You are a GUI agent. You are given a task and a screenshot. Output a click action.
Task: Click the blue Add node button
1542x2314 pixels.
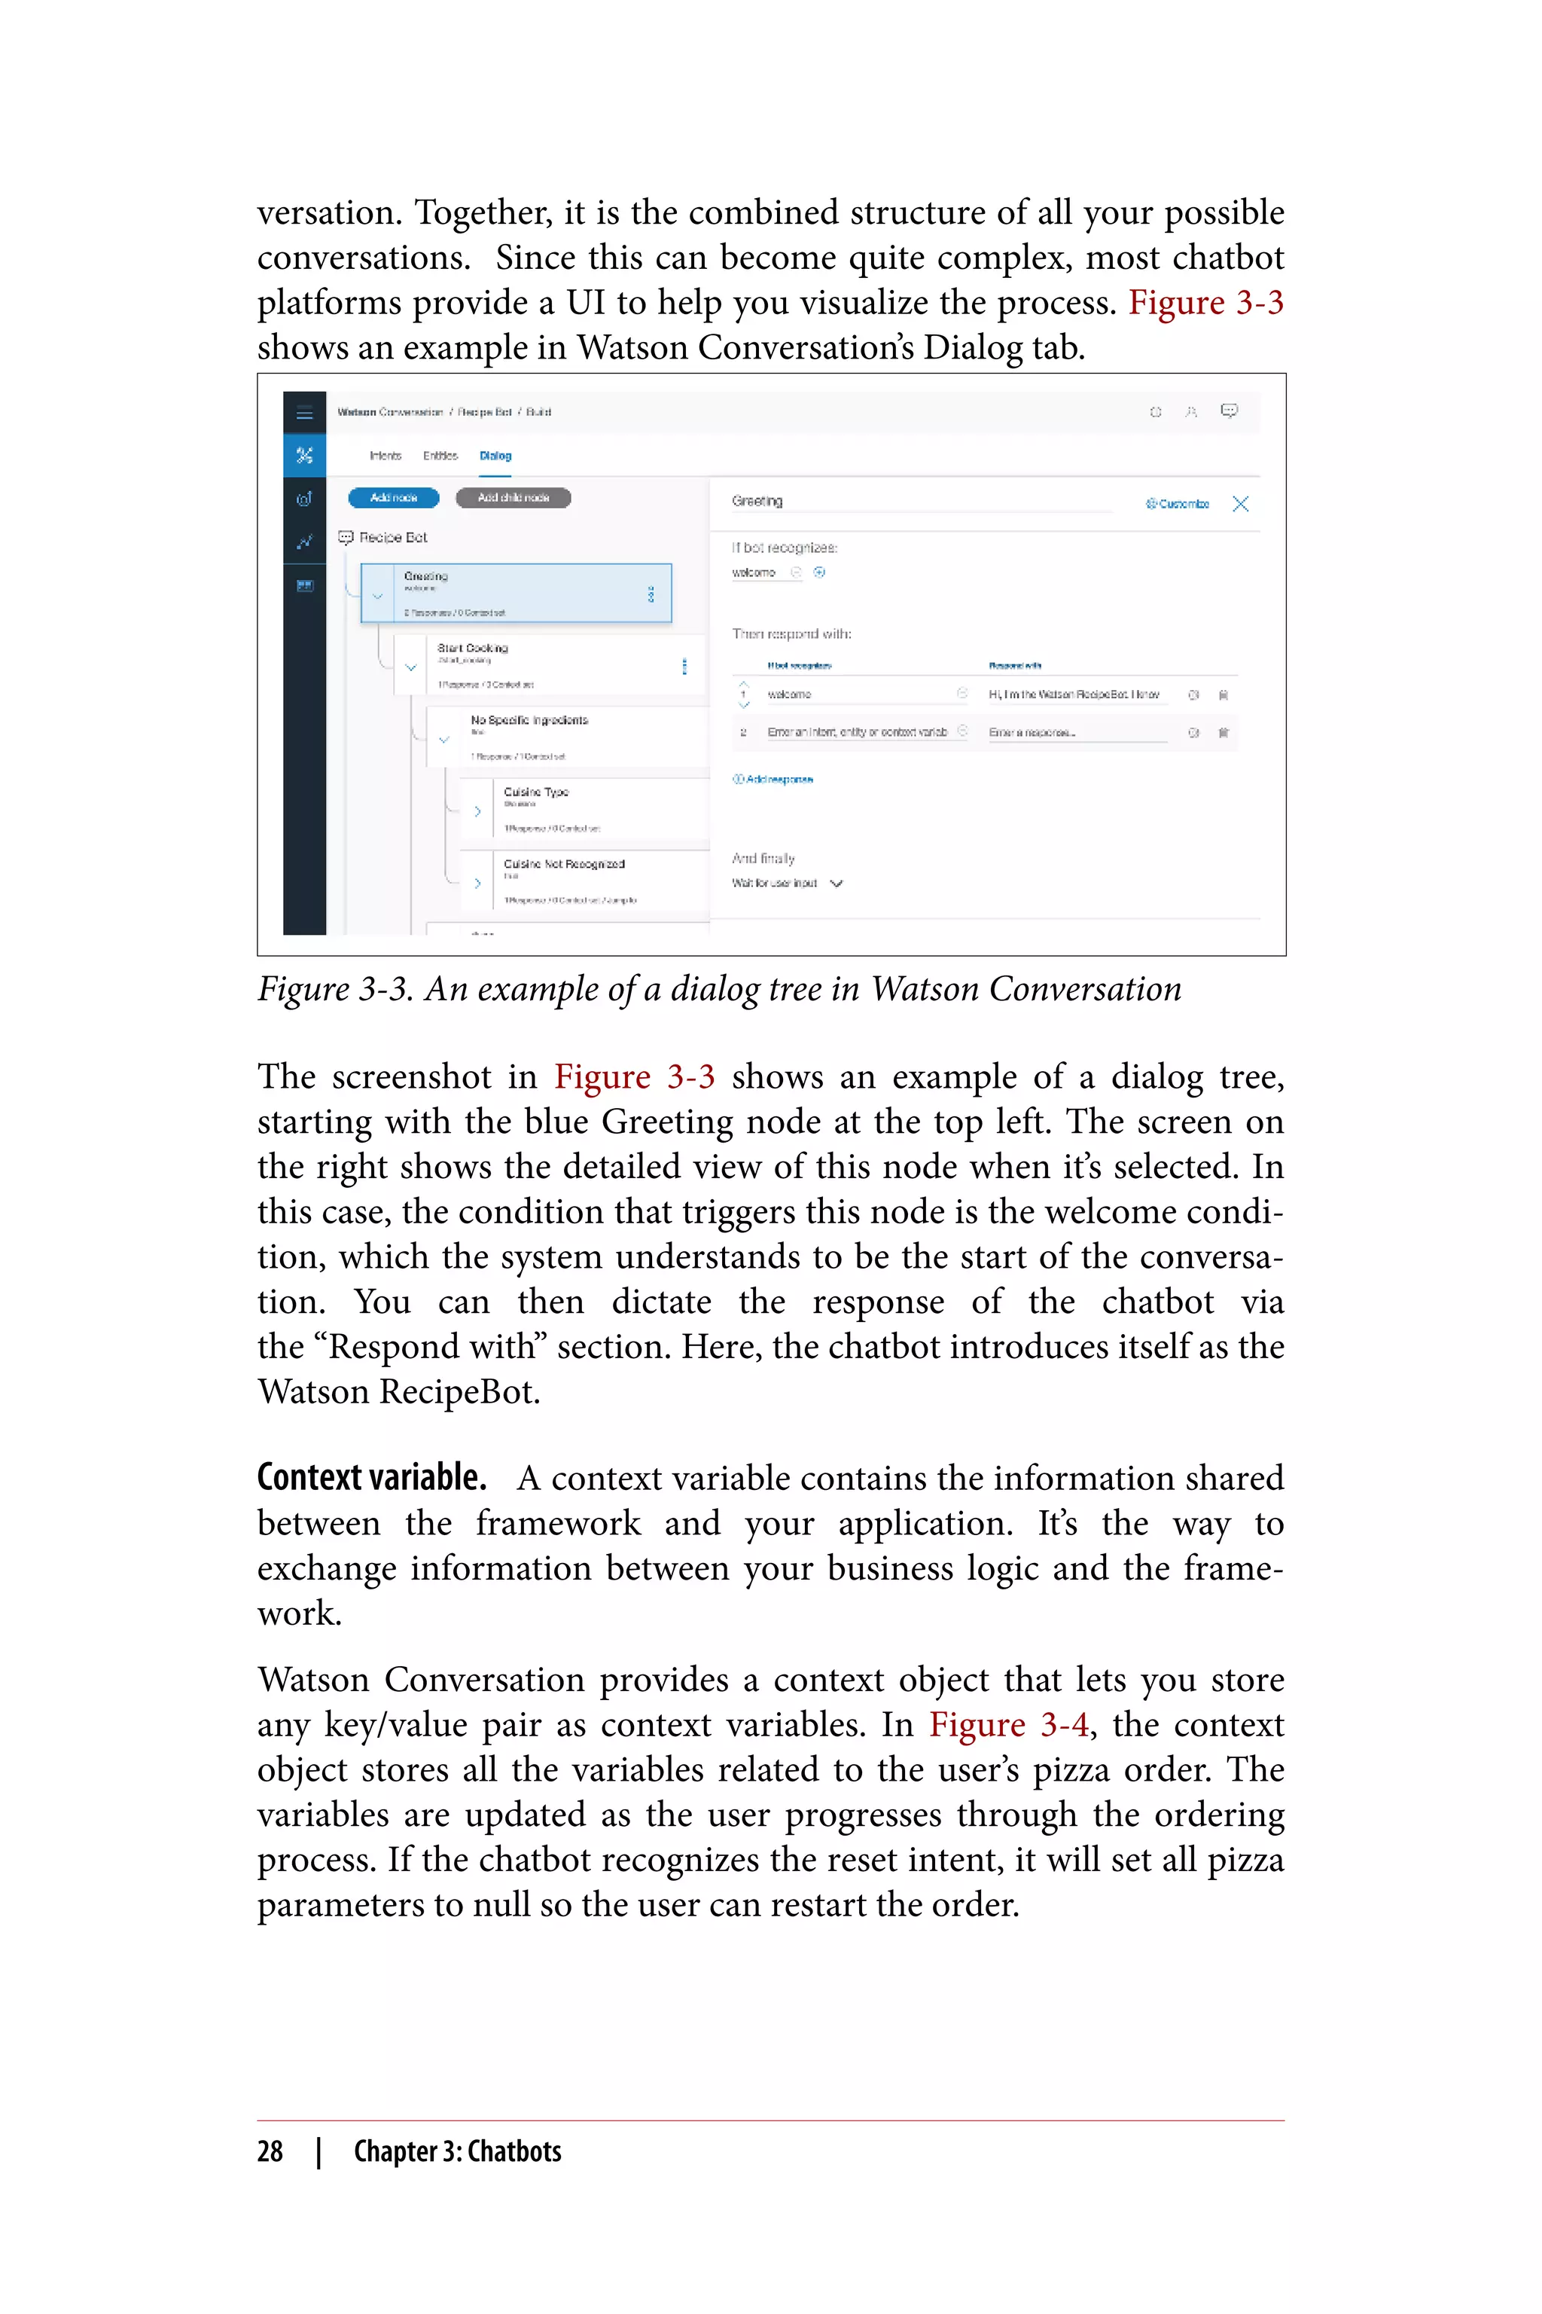point(393,498)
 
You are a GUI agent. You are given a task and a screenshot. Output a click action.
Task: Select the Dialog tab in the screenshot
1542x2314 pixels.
point(495,456)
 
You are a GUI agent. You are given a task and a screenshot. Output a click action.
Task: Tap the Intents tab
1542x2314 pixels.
point(385,456)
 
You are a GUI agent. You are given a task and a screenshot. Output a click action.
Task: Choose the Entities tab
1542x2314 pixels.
point(440,456)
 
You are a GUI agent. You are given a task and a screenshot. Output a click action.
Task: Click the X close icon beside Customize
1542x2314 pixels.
point(1241,504)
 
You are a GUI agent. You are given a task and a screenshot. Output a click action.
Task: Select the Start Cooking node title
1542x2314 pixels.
point(473,649)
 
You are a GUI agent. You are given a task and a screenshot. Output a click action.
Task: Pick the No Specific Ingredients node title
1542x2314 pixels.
point(529,720)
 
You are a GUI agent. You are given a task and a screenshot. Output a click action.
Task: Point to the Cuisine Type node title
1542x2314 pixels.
point(536,792)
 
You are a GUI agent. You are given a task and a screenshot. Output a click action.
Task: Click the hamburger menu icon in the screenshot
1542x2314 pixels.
point(305,414)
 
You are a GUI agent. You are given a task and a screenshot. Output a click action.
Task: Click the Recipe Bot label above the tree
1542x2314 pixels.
point(392,537)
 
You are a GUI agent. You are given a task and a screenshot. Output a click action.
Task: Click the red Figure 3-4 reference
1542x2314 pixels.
point(1009,1725)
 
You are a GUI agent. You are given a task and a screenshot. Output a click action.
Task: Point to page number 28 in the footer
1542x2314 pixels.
point(270,2151)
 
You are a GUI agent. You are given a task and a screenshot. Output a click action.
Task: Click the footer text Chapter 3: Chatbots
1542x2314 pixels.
point(457,2151)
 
